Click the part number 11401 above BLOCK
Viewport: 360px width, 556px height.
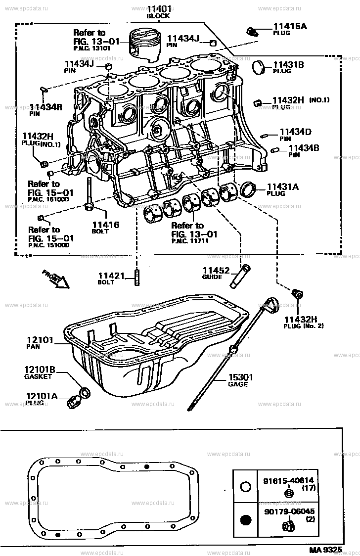point(158,9)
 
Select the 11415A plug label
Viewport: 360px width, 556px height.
point(290,26)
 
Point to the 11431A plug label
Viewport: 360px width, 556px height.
point(283,186)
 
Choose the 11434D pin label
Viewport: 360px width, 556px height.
point(295,132)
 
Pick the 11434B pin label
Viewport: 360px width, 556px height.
point(304,147)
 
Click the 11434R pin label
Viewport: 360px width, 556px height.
point(46,106)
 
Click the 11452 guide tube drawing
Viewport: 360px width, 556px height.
point(240,276)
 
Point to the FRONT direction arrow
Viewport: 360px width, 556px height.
point(56,278)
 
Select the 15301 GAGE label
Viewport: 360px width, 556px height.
point(240,377)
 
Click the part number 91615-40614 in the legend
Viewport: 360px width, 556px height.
point(288,480)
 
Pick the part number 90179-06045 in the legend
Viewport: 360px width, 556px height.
point(288,511)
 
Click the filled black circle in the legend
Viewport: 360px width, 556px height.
point(245,519)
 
